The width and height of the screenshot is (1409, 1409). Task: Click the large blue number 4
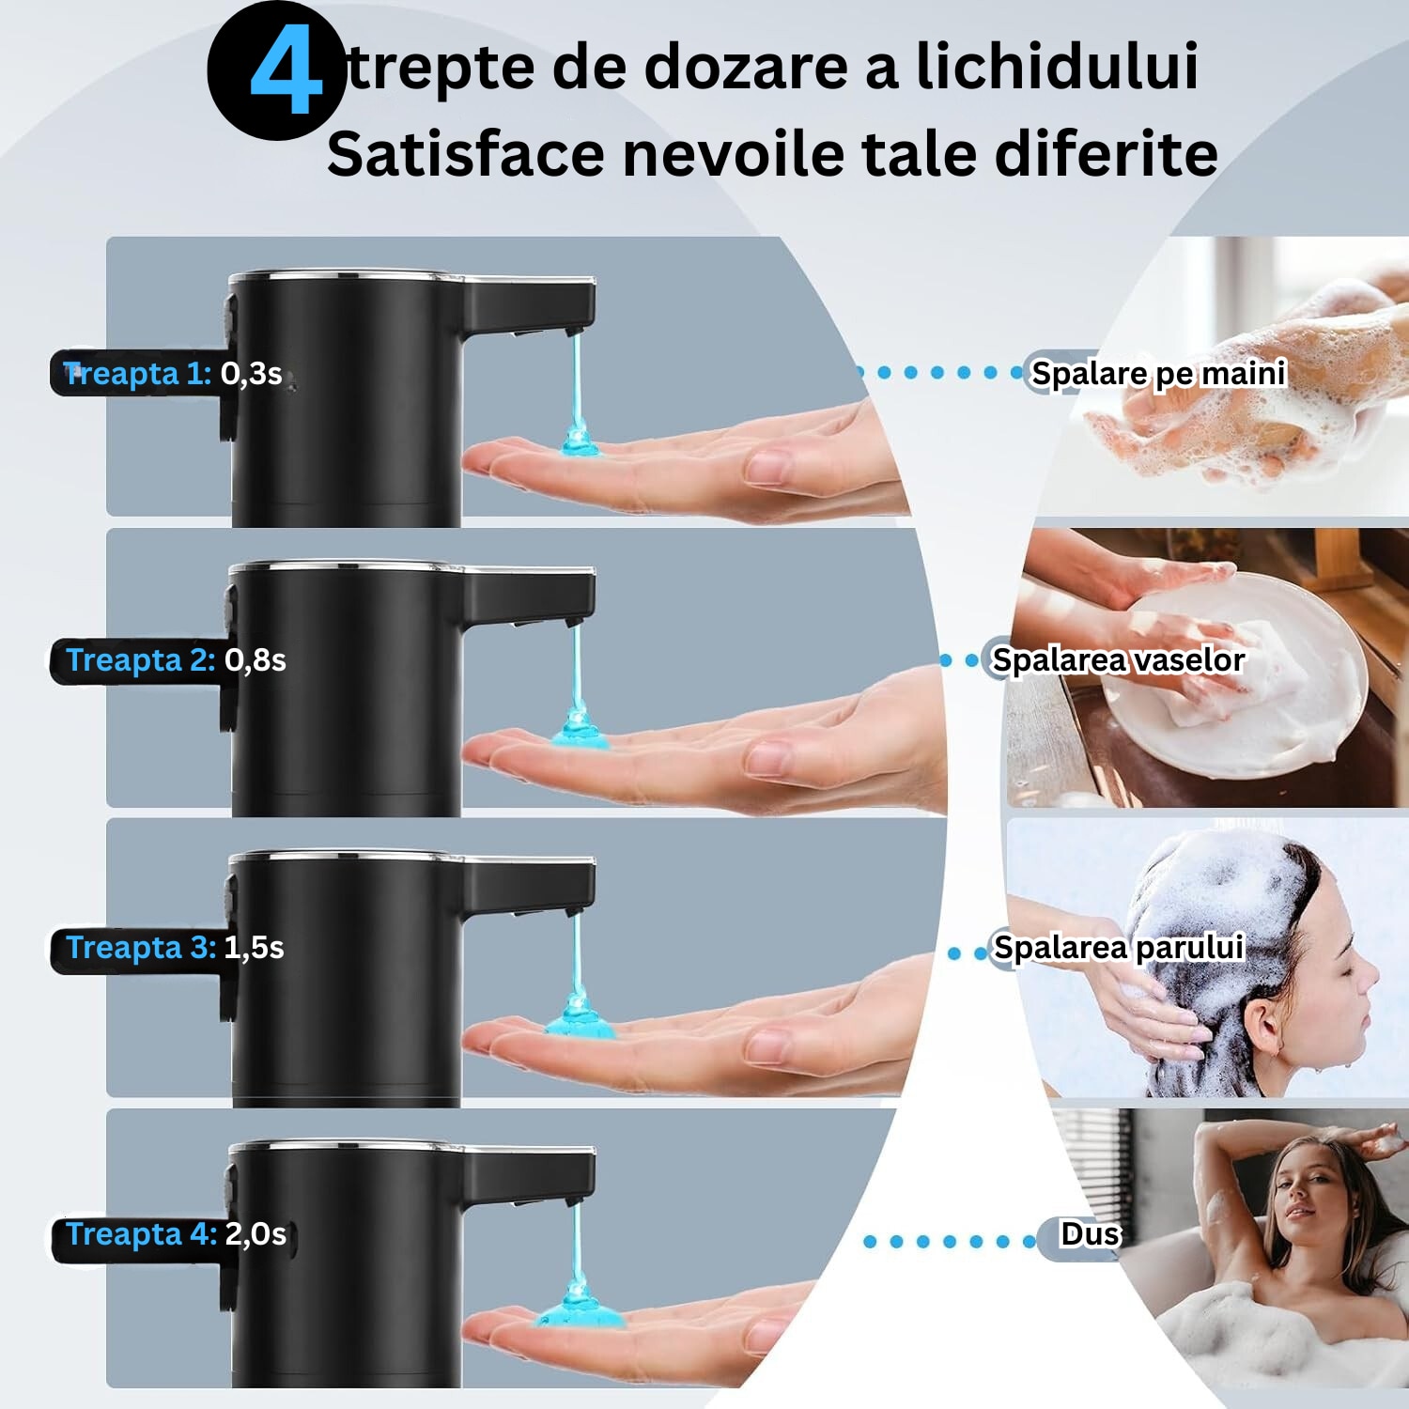[x=286, y=71]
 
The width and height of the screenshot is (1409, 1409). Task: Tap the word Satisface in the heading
[x=466, y=153]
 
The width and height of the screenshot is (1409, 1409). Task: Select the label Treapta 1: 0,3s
[x=173, y=374]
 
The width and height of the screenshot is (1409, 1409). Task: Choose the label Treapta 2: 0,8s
[x=176, y=660]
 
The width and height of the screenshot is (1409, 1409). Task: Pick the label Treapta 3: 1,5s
[x=175, y=948]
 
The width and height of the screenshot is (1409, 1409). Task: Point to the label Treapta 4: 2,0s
[x=176, y=1234]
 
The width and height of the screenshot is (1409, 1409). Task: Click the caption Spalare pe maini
[x=1158, y=374]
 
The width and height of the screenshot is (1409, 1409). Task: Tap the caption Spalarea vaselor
[x=1118, y=660]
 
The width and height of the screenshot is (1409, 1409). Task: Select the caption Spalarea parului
[x=1119, y=948]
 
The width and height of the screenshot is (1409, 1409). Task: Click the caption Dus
[x=1091, y=1234]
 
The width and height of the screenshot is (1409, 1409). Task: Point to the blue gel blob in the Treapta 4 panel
[x=581, y=1308]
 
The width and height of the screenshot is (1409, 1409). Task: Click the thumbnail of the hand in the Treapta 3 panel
[x=695, y=1033]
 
